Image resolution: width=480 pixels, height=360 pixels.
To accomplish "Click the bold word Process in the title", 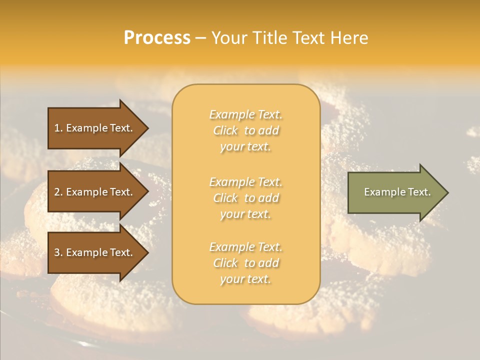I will point(157,38).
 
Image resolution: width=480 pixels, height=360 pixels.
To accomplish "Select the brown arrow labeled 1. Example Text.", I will point(95,128).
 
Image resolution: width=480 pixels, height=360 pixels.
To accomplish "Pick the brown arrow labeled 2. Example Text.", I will point(95,192).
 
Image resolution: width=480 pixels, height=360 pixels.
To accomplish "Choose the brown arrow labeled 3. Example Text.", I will point(95,252).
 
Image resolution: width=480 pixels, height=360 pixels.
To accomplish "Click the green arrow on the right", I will point(395,192).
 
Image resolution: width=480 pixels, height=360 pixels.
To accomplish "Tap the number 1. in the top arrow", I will point(58,128).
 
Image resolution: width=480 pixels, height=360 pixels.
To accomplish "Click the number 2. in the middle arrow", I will point(58,192).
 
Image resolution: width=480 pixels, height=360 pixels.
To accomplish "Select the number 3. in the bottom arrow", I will point(58,252).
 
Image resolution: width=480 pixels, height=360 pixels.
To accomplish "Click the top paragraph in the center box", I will point(245,130).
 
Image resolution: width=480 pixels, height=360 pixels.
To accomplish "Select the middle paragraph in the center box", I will point(245,198).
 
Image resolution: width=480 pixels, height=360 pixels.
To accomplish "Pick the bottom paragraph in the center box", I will point(245,263).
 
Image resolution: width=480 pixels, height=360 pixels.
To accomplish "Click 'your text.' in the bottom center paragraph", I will point(245,279).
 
